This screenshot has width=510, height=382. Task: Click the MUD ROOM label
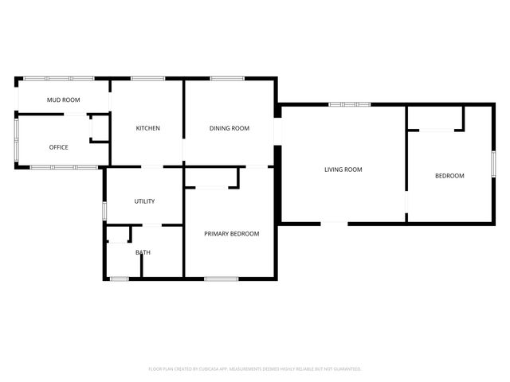click(x=63, y=99)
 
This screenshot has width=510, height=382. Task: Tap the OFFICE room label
click(x=58, y=147)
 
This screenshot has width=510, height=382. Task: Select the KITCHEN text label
click(x=147, y=128)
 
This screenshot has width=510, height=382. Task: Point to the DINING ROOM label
click(x=229, y=128)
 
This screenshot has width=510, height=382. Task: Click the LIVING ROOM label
click(x=343, y=169)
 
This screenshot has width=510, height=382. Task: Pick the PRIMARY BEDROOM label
click(x=231, y=233)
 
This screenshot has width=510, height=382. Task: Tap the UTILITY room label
click(x=144, y=201)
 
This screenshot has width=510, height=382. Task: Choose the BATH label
click(x=143, y=252)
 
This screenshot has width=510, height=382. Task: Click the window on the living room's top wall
click(x=349, y=104)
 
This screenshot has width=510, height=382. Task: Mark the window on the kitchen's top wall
click(x=147, y=78)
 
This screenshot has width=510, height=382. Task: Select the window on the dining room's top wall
click(x=227, y=78)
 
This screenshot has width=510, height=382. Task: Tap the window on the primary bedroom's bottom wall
click(x=221, y=278)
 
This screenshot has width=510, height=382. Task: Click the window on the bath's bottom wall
click(x=119, y=278)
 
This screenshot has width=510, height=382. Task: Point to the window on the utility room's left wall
click(x=104, y=211)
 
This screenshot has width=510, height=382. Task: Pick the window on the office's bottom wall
click(x=64, y=166)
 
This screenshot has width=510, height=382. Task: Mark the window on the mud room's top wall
click(x=58, y=78)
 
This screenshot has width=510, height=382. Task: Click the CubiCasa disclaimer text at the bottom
click(x=255, y=368)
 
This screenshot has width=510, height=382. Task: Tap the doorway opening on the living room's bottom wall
click(x=335, y=224)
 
